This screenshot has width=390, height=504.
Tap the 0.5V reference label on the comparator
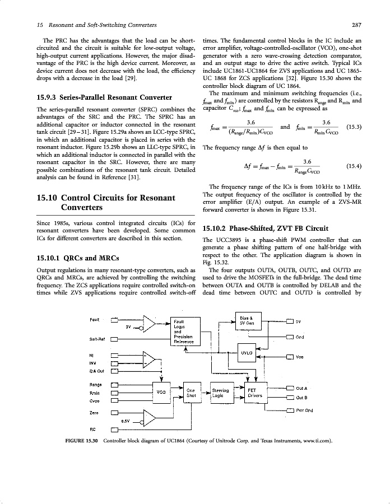tap(126, 420)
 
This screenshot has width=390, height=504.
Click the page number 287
tap(356, 25)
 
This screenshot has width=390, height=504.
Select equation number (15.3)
tap(354, 127)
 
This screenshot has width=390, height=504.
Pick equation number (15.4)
tap(354, 166)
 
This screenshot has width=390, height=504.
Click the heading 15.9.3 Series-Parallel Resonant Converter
tap(96, 96)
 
